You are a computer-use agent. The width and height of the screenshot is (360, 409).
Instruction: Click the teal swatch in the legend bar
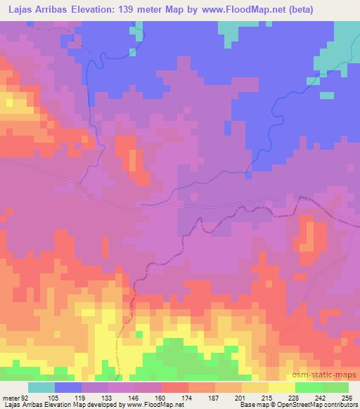click(41, 388)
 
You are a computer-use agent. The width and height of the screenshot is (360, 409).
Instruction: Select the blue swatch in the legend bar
click(68, 388)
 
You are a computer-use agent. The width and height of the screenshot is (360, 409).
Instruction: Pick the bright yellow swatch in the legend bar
click(281, 388)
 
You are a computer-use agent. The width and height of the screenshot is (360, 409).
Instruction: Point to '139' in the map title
click(137, 10)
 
